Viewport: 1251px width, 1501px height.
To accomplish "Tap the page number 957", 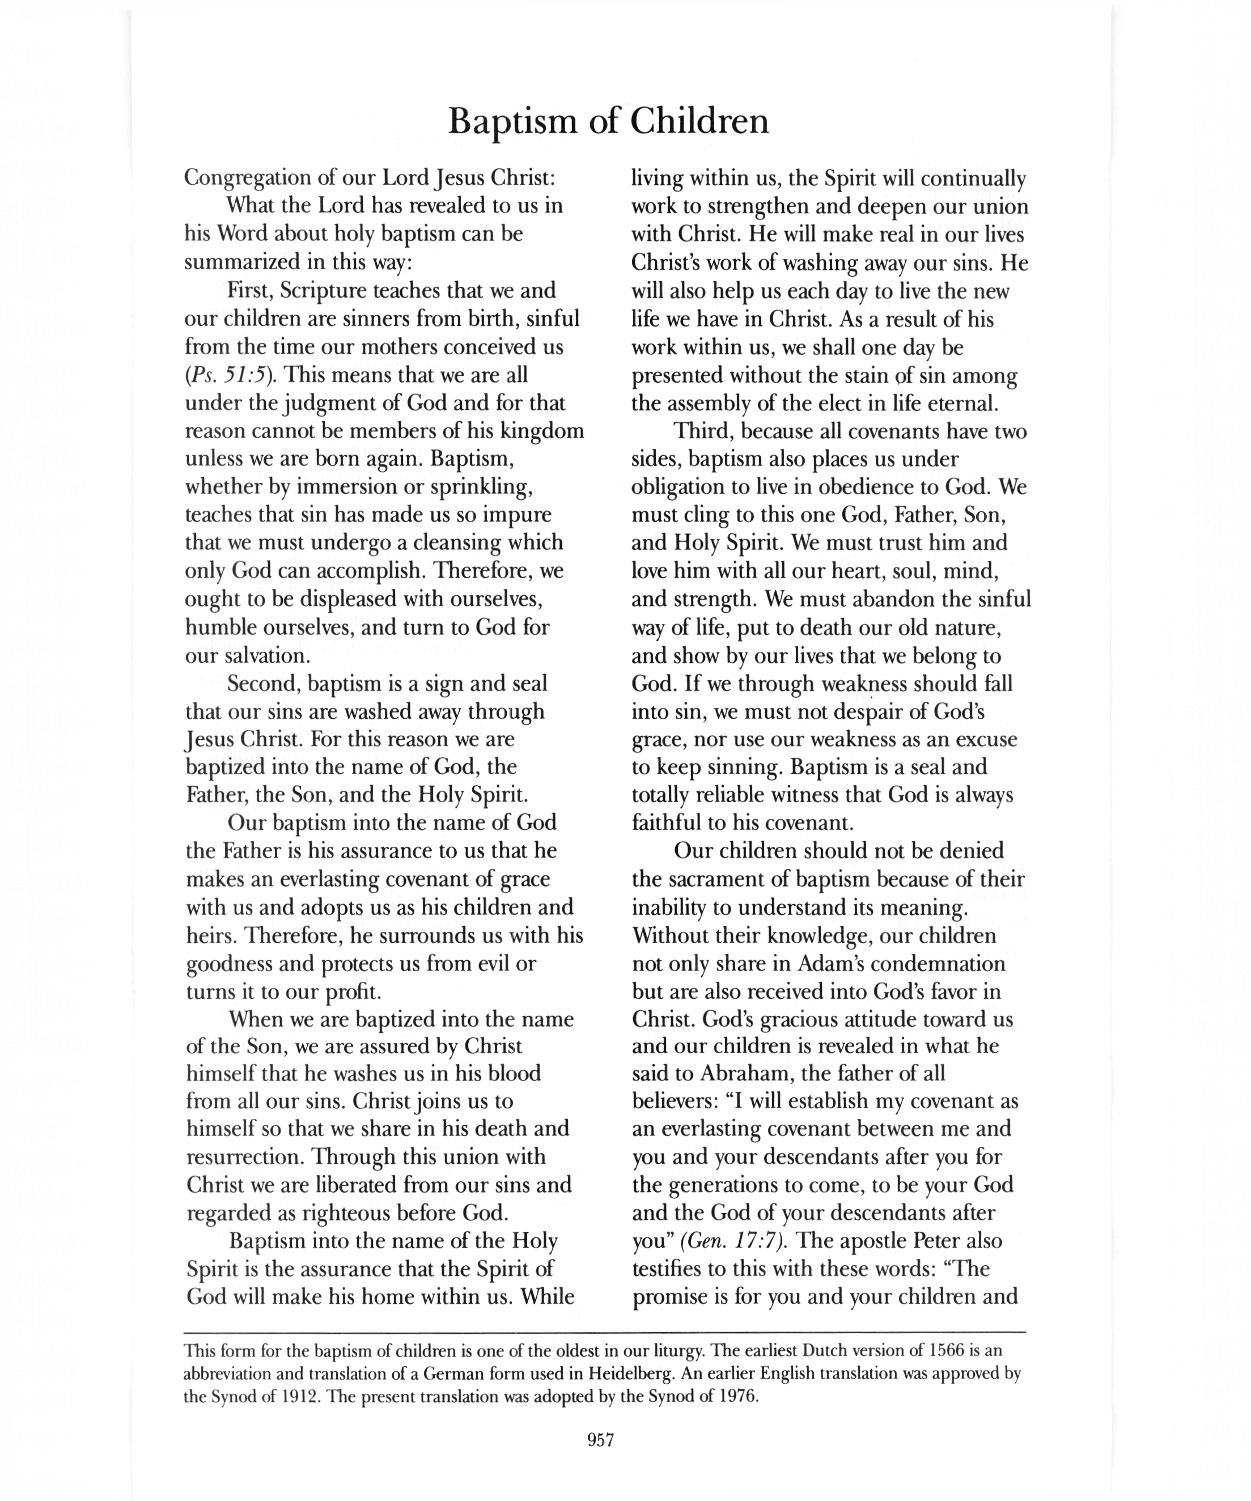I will pyautogui.click(x=600, y=1440).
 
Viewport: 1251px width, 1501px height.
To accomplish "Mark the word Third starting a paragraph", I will pyautogui.click(x=703, y=432).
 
